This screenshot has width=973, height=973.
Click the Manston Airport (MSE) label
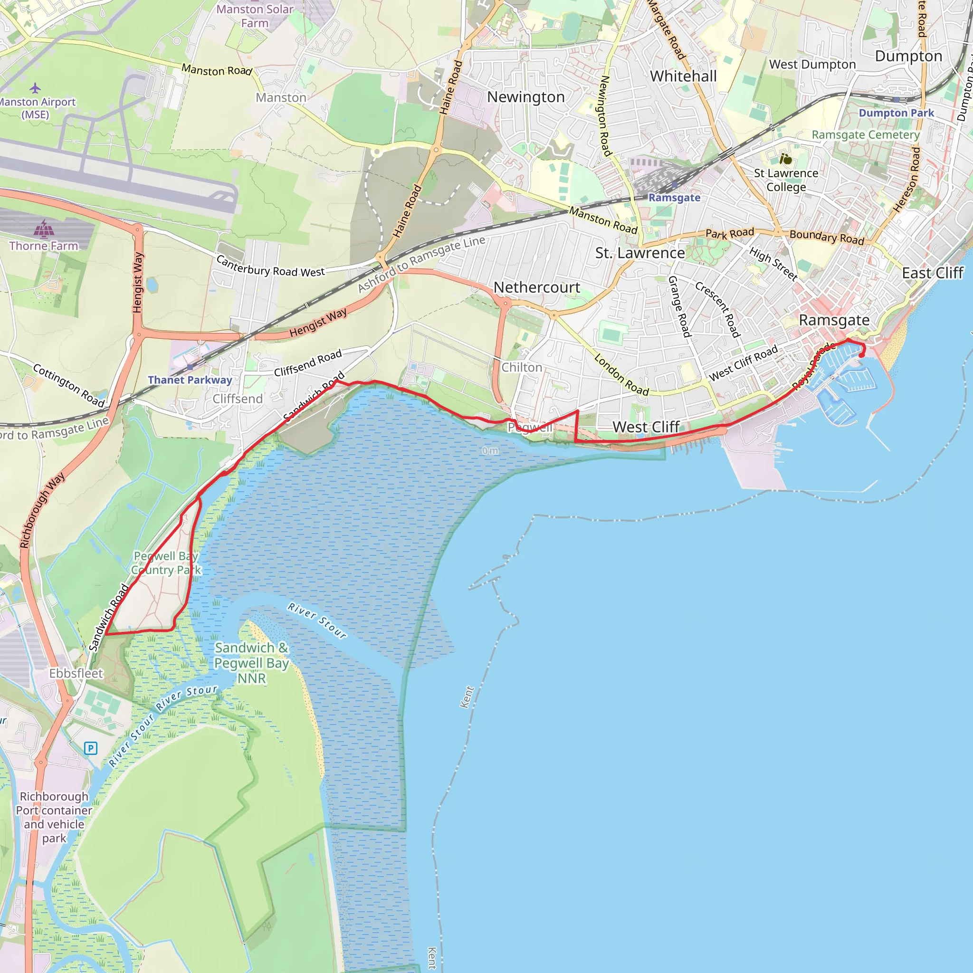click(x=36, y=108)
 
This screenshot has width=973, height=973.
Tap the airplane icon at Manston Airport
click(x=35, y=88)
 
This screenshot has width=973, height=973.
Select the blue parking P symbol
click(x=91, y=748)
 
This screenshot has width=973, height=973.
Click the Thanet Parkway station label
click(x=190, y=380)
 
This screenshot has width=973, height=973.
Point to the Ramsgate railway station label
click(x=674, y=198)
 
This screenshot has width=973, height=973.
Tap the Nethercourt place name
click(x=537, y=287)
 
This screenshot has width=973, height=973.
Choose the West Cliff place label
click(x=646, y=427)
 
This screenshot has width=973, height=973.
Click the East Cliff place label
click(x=932, y=273)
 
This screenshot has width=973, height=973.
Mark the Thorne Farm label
click(x=44, y=246)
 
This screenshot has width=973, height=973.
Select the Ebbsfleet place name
click(x=76, y=673)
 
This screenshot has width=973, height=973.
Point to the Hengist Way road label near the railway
click(x=318, y=322)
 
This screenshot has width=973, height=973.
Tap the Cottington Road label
click(x=68, y=385)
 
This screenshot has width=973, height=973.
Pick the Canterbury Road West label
click(x=270, y=266)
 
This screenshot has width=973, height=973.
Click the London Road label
click(x=621, y=375)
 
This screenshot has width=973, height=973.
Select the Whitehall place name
click(x=683, y=76)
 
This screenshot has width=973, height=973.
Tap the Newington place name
click(x=526, y=97)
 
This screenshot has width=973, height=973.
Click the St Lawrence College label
click(x=786, y=180)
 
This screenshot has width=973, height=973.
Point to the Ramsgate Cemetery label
click(x=865, y=134)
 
